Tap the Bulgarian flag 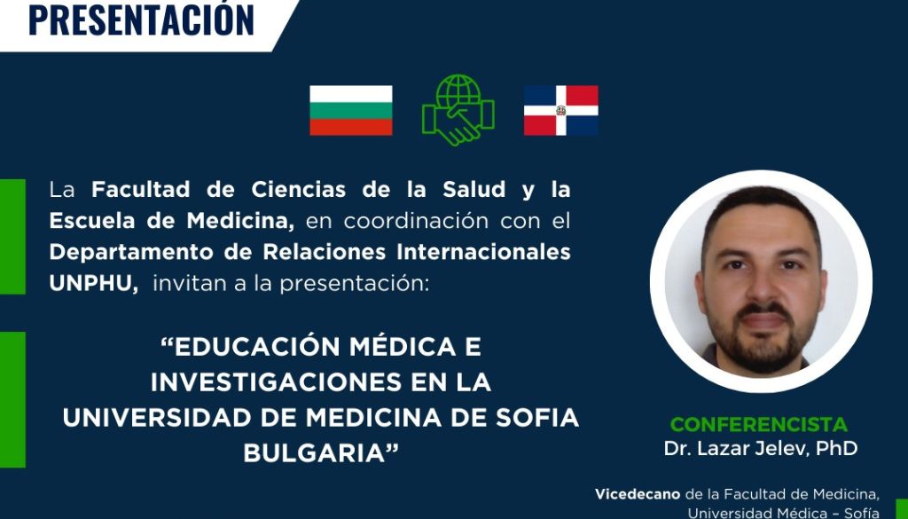(351, 110)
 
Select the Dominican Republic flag (561, 110)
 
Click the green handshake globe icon (458, 109)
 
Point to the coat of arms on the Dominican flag (561, 110)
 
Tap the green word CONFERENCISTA (759, 425)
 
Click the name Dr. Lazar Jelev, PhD (761, 448)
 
